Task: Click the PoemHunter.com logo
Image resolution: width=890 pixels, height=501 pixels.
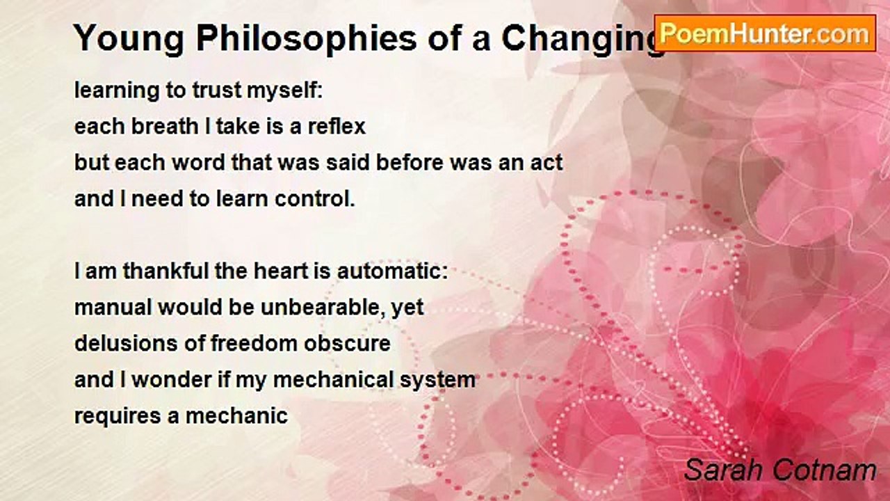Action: pyautogui.click(x=766, y=33)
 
